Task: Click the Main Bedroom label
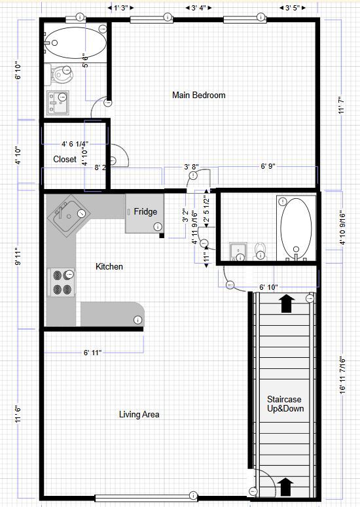198,96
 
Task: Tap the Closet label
65,159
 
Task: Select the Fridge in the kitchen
145,213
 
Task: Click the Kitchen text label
109,267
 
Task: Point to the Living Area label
139,414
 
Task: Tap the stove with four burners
62,283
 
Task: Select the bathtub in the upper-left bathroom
76,43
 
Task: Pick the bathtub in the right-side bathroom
296,228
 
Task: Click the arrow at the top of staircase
286,302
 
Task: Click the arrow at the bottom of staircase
285,486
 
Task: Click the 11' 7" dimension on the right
341,105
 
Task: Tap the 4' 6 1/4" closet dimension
75,144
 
